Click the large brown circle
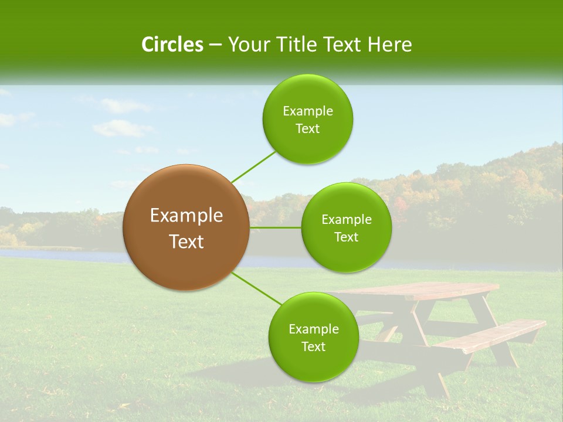pyautogui.click(x=186, y=227)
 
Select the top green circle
pyautogui.click(x=307, y=119)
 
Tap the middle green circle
pyautogui.click(x=346, y=227)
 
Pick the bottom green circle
pyautogui.click(x=313, y=337)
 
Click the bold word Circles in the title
pyautogui.click(x=172, y=45)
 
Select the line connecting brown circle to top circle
pyautogui.click(x=253, y=166)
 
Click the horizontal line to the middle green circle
pyautogui.click(x=276, y=227)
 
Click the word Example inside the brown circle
pyautogui.click(x=186, y=216)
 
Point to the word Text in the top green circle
pyautogui.click(x=307, y=129)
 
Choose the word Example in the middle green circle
pyautogui.click(x=346, y=220)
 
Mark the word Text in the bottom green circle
pyautogui.click(x=313, y=347)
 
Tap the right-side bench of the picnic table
pyautogui.click(x=493, y=336)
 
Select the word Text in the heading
pyautogui.click(x=342, y=45)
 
